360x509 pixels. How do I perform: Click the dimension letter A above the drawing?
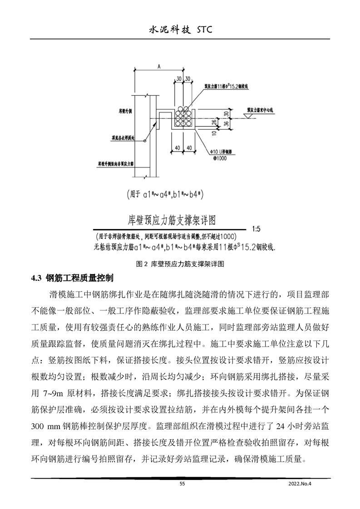159,66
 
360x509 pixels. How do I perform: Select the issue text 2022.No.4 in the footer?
301,484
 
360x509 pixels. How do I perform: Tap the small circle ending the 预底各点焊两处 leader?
144,141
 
